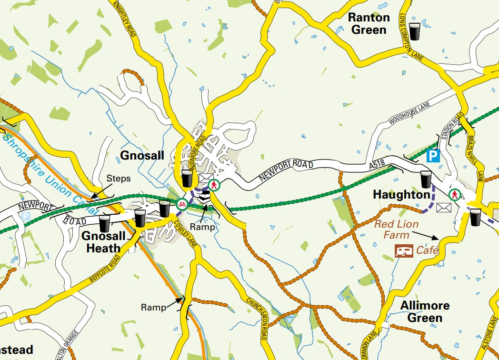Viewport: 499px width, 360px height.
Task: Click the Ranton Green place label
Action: (369, 24)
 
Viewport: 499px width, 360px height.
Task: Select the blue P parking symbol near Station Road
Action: (433, 157)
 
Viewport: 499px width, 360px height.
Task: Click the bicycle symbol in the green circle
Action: (181, 204)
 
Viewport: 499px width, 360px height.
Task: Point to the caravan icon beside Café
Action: (404, 251)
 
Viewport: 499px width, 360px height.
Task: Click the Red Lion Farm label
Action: (396, 230)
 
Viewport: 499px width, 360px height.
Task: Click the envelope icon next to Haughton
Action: (444, 207)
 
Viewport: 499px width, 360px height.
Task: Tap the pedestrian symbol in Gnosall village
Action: (215, 185)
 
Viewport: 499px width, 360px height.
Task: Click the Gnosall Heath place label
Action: (104, 242)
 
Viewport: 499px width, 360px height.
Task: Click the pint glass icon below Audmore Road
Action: (187, 179)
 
